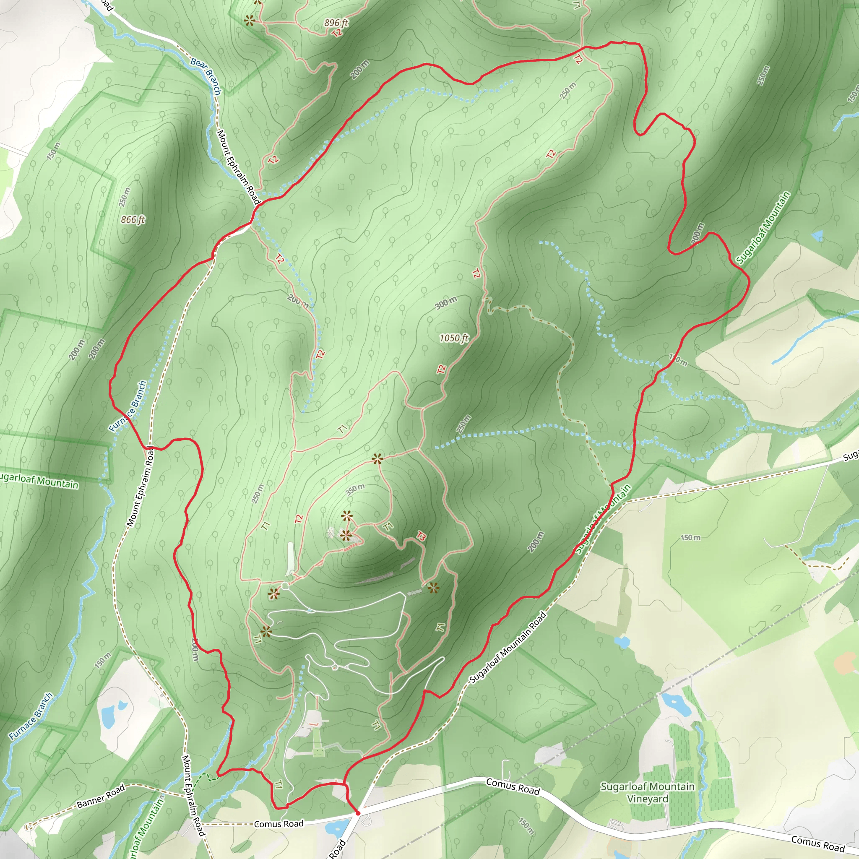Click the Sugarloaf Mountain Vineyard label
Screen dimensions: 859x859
click(647, 792)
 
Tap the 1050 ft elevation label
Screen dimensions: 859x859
click(453, 338)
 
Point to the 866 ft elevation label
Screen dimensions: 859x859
click(133, 220)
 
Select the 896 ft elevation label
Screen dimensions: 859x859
click(336, 23)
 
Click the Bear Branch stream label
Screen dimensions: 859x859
click(206, 75)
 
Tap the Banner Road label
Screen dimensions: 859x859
click(101, 797)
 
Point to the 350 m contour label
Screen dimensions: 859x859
click(355, 489)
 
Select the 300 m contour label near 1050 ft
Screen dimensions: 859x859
click(445, 303)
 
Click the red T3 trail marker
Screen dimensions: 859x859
click(421, 536)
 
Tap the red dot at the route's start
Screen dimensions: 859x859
click(357, 813)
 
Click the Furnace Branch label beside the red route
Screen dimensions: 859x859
click(128, 406)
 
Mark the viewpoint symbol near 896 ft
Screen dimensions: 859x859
click(250, 20)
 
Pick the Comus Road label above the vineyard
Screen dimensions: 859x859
click(513, 786)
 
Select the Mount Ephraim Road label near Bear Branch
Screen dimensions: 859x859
click(238, 167)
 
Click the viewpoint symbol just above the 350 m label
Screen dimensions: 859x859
click(377, 459)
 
